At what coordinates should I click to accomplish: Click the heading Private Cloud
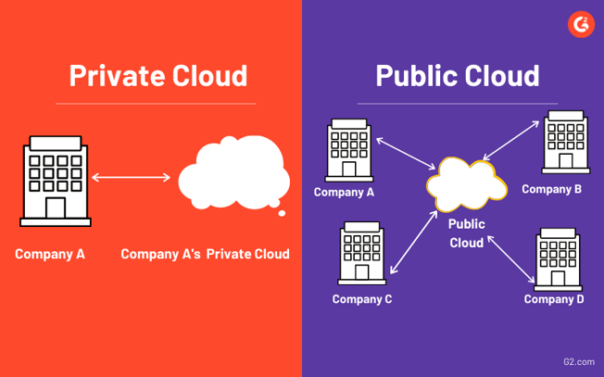(158, 74)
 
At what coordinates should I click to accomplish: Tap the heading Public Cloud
(457, 74)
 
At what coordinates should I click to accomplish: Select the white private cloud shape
(233, 176)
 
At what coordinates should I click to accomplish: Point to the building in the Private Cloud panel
(56, 181)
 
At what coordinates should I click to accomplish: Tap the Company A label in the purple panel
(344, 192)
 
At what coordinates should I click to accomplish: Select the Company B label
(551, 189)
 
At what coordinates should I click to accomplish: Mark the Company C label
(362, 298)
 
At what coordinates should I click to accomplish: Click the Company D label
(554, 298)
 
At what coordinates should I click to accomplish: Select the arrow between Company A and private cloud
(132, 177)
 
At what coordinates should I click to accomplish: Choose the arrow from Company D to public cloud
(510, 258)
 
